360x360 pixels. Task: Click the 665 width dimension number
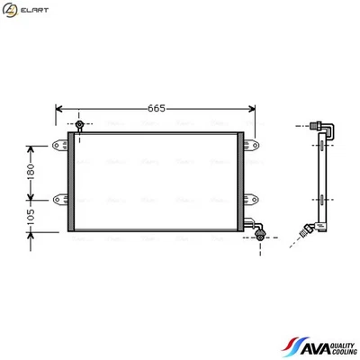[x=157, y=109]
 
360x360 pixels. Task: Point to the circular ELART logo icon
[x=11, y=10]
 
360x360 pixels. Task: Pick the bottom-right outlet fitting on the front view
[x=261, y=232]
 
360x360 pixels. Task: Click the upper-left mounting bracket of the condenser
[x=61, y=140]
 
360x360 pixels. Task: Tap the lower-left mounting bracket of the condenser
[x=61, y=200]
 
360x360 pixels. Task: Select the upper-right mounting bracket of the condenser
[x=252, y=140]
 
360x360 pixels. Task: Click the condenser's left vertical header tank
[x=70, y=180]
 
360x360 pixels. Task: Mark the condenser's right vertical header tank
[x=240, y=180]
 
